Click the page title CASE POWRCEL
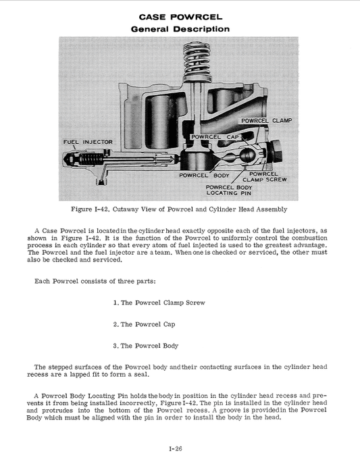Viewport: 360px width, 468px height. click(x=180, y=16)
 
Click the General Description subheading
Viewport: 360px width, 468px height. click(x=180, y=29)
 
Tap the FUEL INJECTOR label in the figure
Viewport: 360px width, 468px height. click(x=88, y=142)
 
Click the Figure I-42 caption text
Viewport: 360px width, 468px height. click(x=180, y=208)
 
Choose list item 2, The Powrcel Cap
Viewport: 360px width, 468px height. click(x=147, y=324)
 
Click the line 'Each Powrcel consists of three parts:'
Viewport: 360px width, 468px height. click(x=95, y=281)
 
